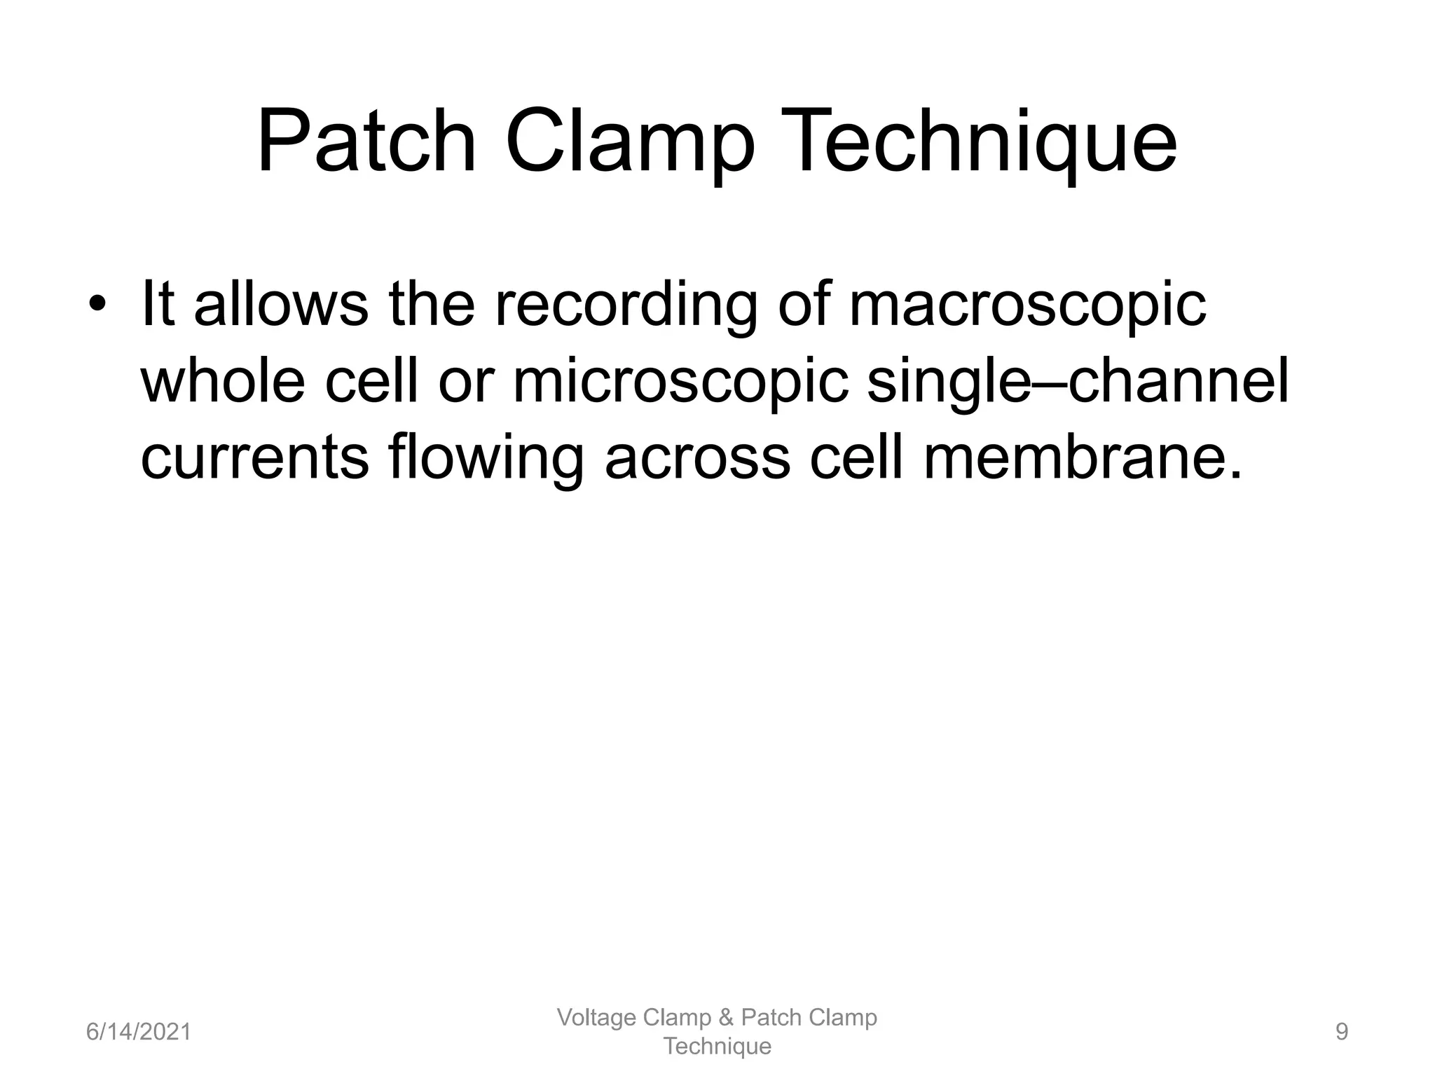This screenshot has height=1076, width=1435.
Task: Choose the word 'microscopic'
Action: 680,384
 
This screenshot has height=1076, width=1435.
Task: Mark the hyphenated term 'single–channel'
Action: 1078,382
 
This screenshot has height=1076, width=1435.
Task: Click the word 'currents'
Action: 254,458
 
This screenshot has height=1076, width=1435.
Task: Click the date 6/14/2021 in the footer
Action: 138,1032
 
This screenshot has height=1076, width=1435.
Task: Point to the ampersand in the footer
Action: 726,1018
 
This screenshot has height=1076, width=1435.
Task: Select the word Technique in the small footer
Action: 717,1047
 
